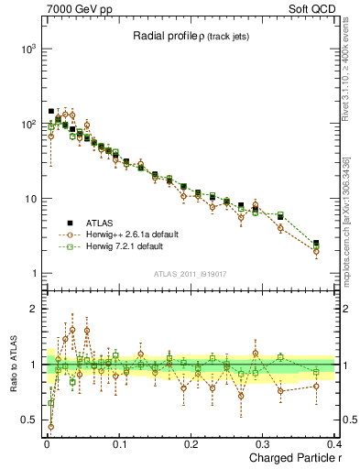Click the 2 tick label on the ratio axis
click(x=34, y=309)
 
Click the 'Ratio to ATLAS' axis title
click(x=11, y=365)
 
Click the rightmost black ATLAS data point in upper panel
click(x=316, y=244)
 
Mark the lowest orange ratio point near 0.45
click(x=50, y=426)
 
